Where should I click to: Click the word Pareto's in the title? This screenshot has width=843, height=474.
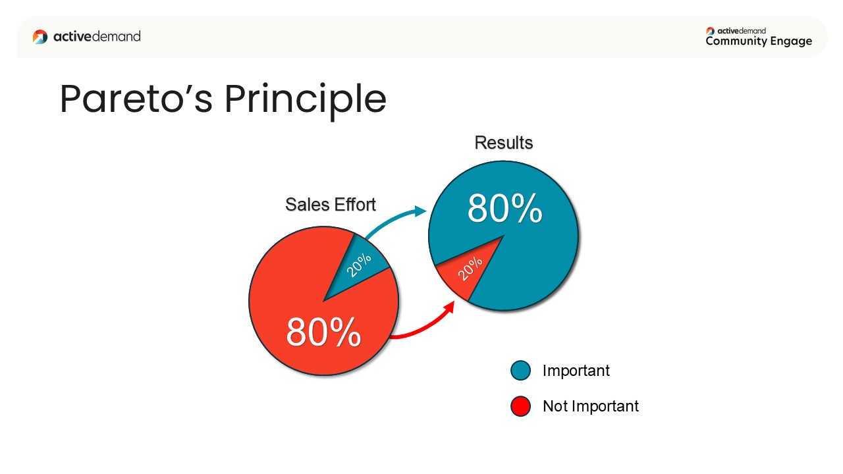[x=136, y=99]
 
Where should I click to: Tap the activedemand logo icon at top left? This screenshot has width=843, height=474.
[x=40, y=37]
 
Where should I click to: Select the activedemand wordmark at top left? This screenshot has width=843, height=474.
[x=97, y=36]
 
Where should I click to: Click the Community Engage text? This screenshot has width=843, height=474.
[x=759, y=41]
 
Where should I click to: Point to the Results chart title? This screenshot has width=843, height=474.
[x=504, y=143]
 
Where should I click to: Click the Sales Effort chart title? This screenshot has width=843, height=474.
[x=331, y=205]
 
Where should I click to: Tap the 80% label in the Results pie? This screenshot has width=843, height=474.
[x=504, y=209]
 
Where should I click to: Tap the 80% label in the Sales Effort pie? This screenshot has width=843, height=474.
[x=323, y=332]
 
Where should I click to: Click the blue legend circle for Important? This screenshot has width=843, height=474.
[x=520, y=371]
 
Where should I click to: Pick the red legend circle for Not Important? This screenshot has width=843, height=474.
[x=520, y=406]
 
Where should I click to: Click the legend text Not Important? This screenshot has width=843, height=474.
[x=591, y=406]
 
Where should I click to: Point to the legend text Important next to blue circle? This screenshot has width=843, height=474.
[x=576, y=371]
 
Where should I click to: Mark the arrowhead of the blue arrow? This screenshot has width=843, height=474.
[x=420, y=211]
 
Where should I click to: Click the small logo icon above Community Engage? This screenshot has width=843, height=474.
[x=710, y=31]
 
